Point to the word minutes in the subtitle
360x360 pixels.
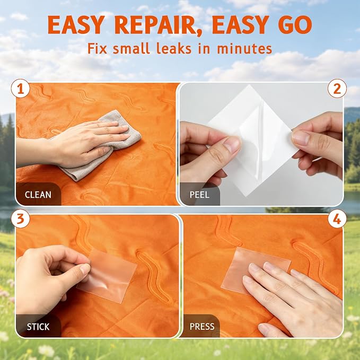pos(244,48)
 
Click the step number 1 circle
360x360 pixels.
pos(21,89)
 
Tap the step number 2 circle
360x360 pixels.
pos(337,89)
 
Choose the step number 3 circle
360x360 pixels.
pos(21,218)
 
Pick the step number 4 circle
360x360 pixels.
pos(337,218)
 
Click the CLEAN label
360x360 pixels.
pos(38,195)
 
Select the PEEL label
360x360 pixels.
pos(199,195)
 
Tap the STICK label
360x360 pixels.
pos(38,327)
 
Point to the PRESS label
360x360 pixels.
pos(202,327)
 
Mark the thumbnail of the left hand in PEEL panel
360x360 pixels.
pos(232,144)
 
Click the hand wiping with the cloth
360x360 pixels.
pos(87,142)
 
